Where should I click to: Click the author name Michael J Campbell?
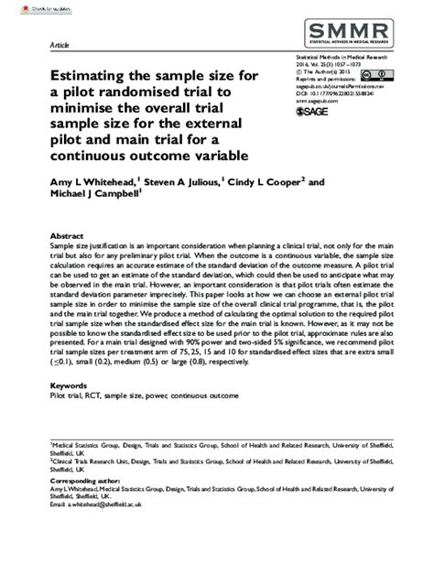pos(91,197)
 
